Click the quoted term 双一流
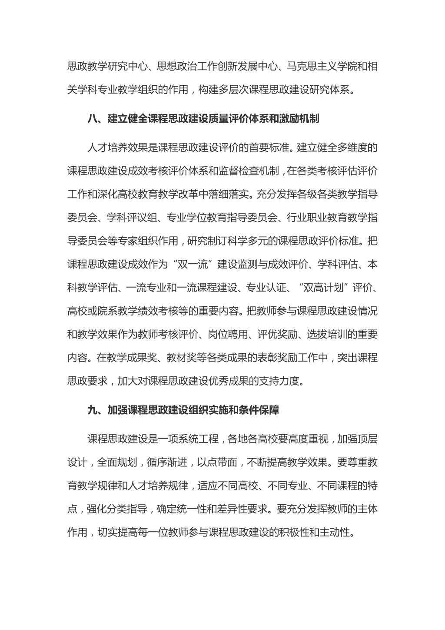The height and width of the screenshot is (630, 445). (x=192, y=264)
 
